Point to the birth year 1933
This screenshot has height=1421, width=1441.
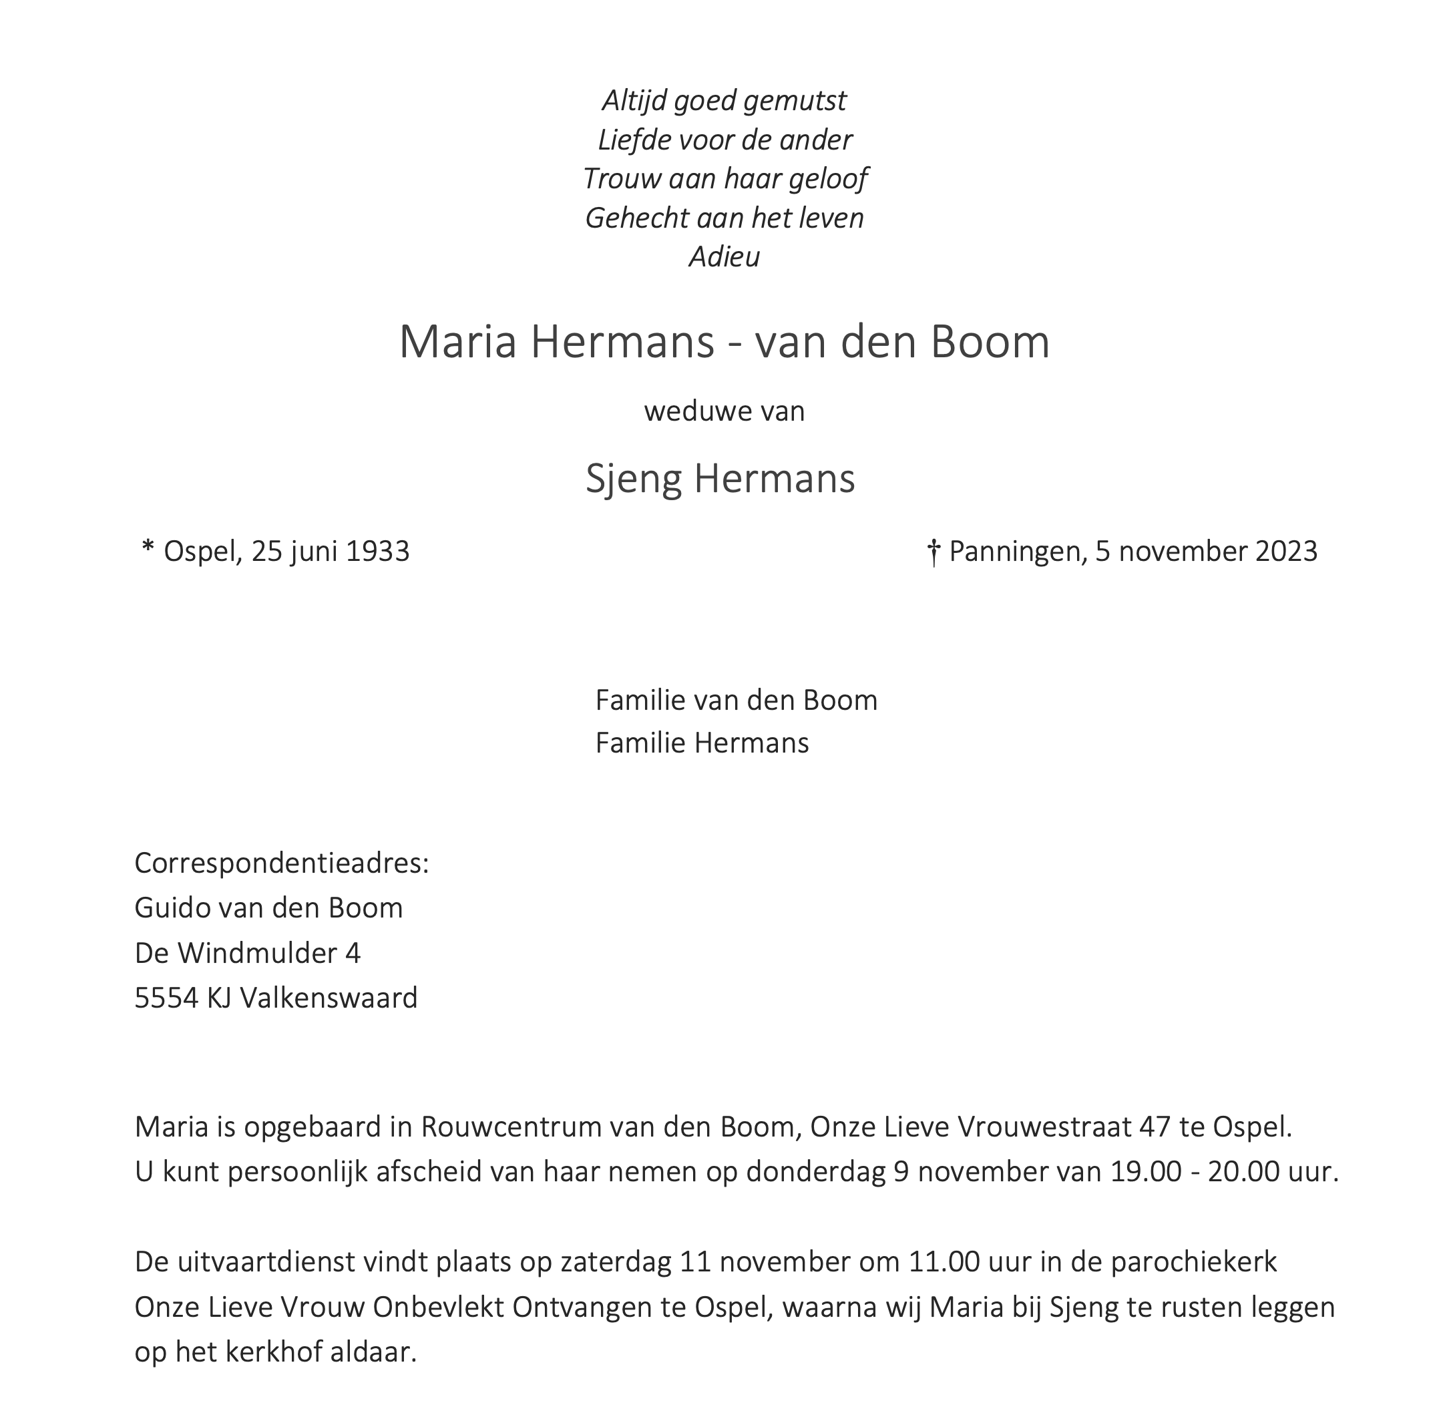[x=377, y=552]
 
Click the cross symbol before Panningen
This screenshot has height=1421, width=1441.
[x=932, y=554]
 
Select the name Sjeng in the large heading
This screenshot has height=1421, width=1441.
[x=633, y=479]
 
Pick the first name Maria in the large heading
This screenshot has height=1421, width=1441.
[x=457, y=343]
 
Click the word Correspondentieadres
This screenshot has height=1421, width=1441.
[x=280, y=864]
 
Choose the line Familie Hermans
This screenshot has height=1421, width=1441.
[x=701, y=743]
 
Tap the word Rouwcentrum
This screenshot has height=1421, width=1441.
[x=510, y=1127]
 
